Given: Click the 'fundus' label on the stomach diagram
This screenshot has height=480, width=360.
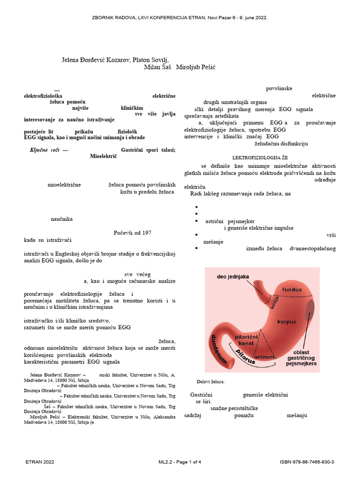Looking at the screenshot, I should [292, 290].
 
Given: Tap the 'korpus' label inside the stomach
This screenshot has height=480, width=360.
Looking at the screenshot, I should [287, 322].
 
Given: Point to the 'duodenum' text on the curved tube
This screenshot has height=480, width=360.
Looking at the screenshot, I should [217, 349].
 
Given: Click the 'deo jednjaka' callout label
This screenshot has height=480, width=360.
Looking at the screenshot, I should [232, 277].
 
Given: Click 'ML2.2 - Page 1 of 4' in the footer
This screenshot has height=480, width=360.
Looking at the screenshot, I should [180, 462].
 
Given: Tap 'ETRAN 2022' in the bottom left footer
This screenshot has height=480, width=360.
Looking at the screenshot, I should [40, 462].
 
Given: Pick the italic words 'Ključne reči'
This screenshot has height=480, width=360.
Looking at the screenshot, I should [44, 150].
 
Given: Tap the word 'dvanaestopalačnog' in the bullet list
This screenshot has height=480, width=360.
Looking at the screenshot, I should [313, 248].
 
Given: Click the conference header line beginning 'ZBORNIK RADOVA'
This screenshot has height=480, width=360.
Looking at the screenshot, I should [180, 17].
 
